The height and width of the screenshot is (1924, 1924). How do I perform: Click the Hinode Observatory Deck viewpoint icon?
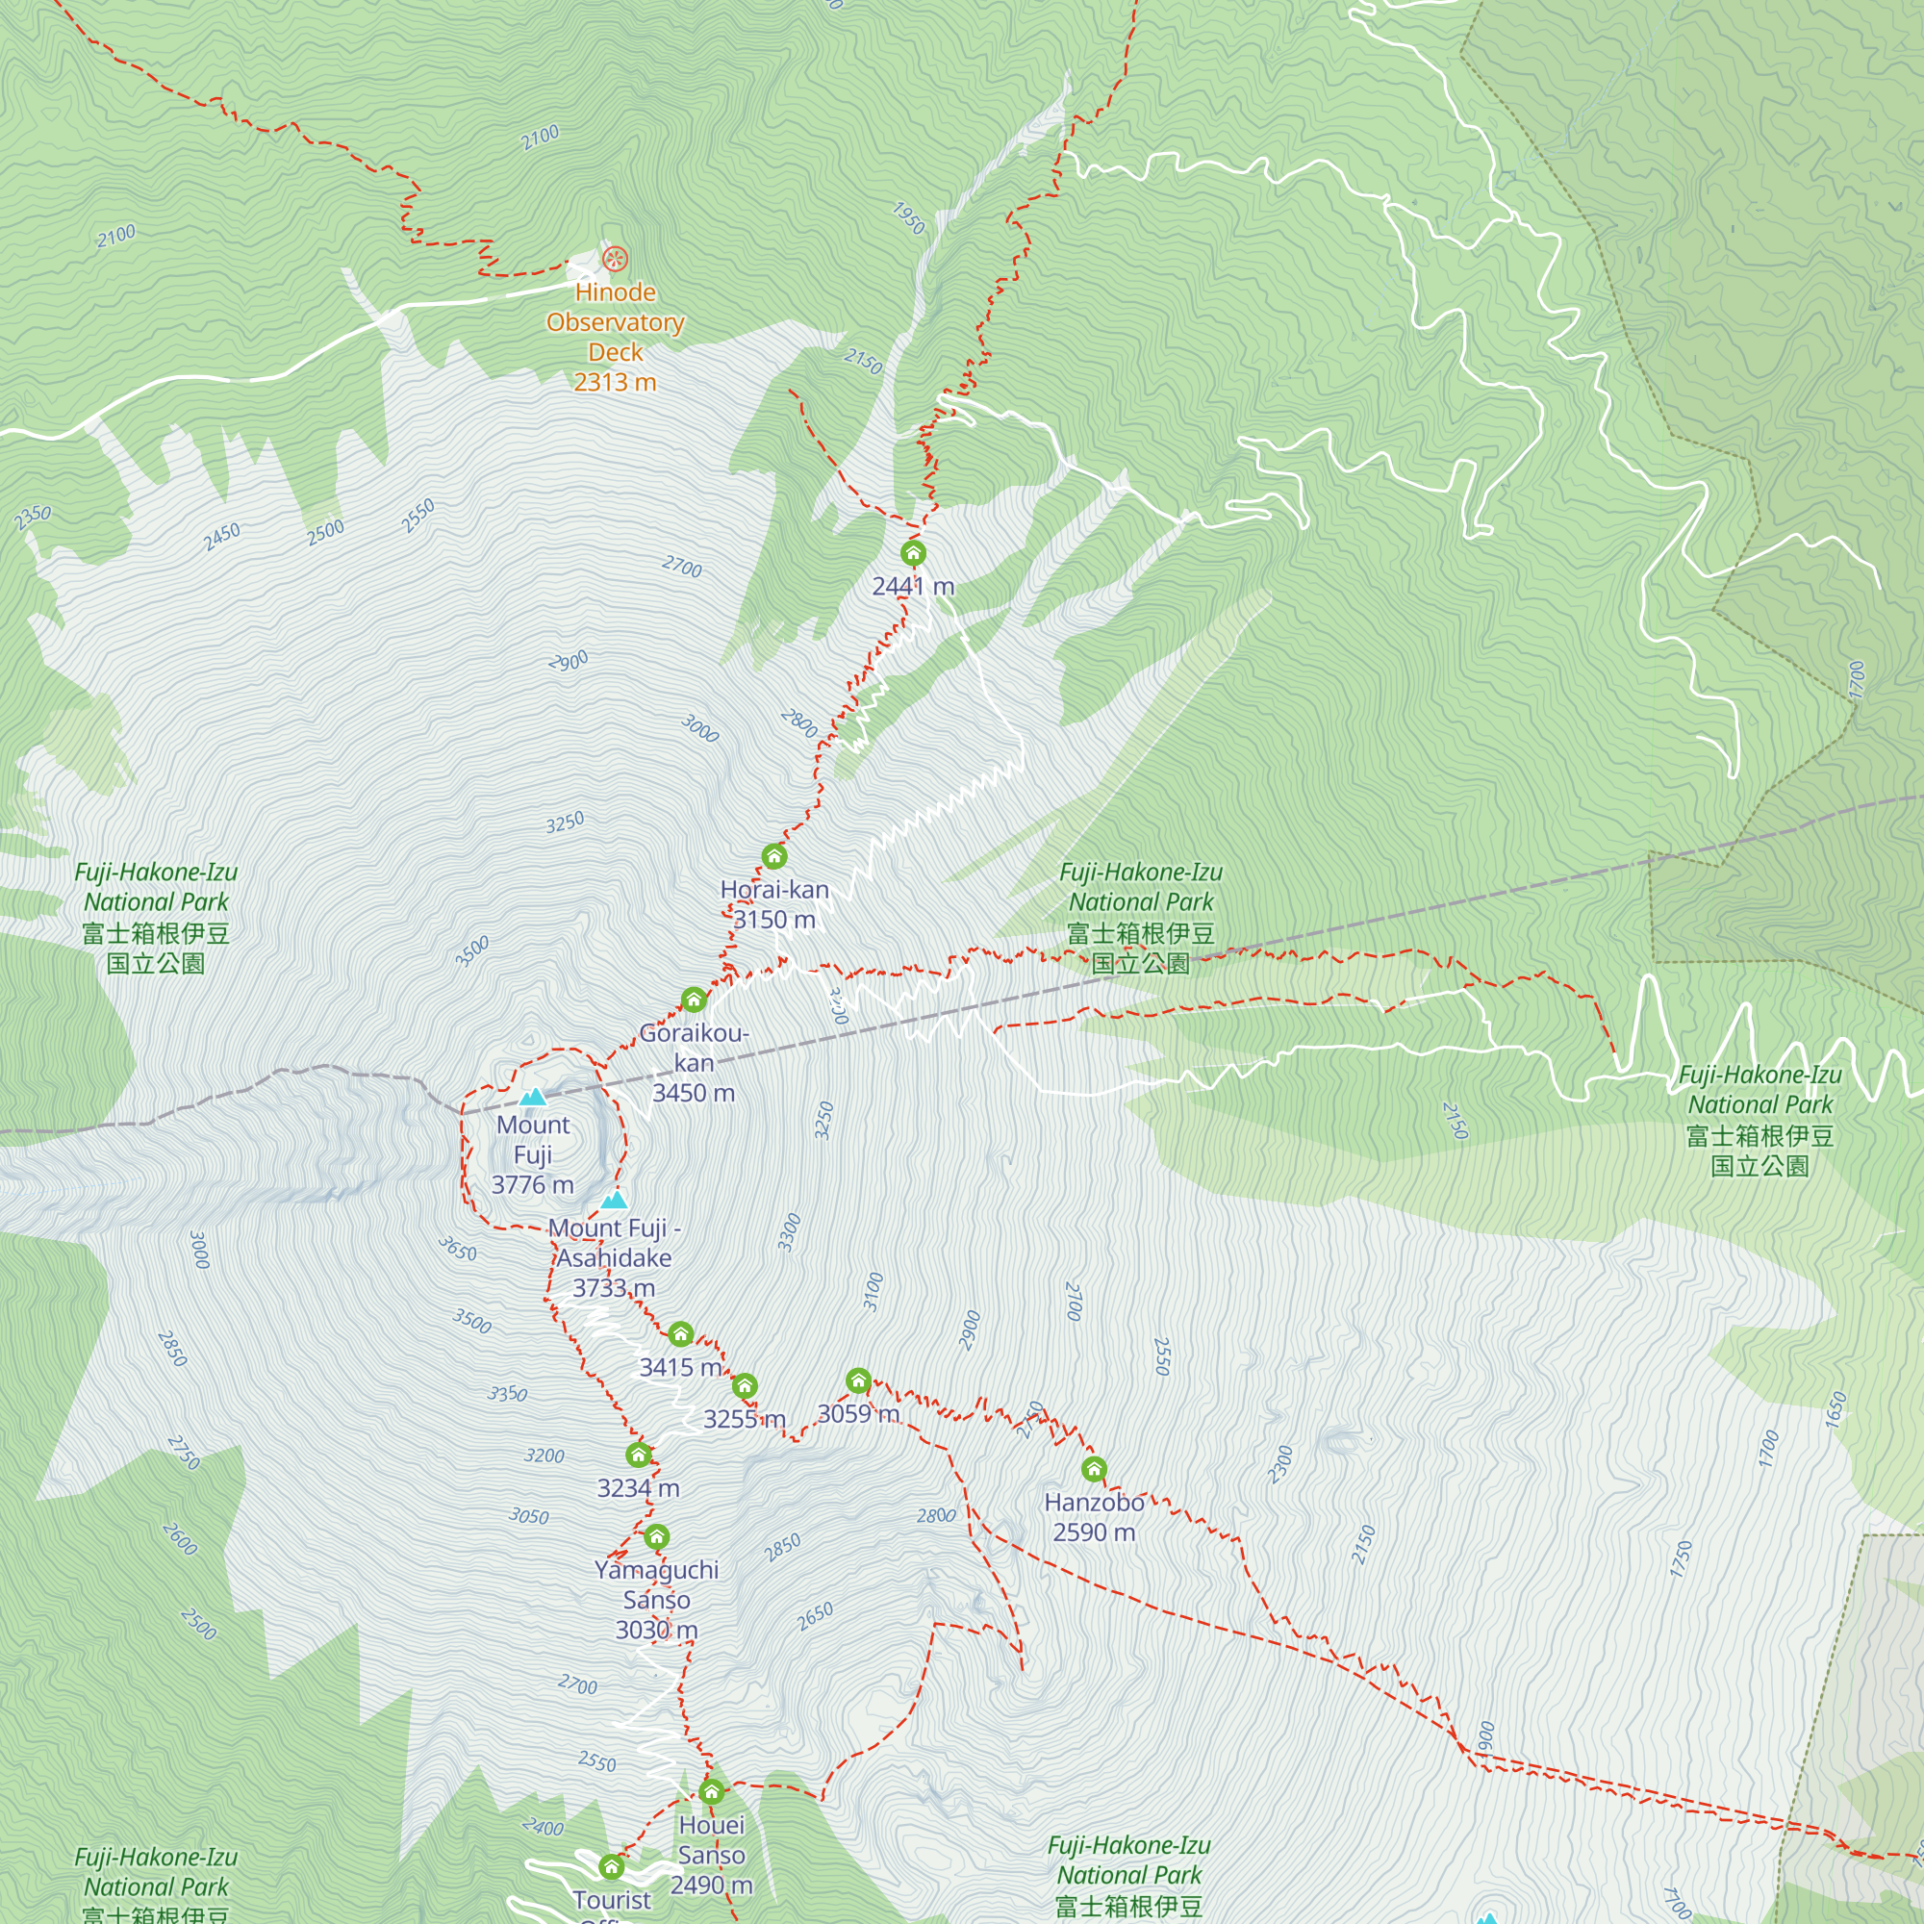[616, 260]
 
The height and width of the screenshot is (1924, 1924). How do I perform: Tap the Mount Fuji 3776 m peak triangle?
[533, 1097]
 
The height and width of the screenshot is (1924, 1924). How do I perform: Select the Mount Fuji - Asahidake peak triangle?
[615, 1200]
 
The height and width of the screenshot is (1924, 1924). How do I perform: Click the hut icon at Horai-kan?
[773, 855]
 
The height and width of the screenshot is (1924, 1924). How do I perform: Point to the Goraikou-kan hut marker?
[695, 999]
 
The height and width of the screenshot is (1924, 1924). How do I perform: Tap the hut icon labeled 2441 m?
[913, 553]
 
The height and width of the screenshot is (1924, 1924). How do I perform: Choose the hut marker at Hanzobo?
[1095, 1469]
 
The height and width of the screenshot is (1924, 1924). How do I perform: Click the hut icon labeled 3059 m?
[858, 1380]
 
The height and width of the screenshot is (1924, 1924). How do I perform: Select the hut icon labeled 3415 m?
[680, 1333]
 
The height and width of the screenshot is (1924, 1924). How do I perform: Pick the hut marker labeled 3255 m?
[745, 1385]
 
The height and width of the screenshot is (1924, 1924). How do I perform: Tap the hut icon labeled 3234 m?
[639, 1455]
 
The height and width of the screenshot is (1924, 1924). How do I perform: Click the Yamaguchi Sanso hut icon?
[656, 1536]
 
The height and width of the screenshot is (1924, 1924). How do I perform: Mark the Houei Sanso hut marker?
[711, 1792]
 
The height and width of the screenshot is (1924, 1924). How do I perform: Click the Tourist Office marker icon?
[612, 1866]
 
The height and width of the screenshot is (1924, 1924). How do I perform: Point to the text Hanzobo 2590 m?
[1095, 1518]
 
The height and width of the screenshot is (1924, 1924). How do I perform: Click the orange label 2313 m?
[615, 383]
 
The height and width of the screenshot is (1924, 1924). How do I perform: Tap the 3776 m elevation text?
[533, 1185]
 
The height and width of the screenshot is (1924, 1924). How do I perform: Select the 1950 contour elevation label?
[908, 217]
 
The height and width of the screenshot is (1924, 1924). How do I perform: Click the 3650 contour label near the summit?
[458, 1249]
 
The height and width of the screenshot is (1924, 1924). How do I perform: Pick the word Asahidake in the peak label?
[614, 1257]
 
